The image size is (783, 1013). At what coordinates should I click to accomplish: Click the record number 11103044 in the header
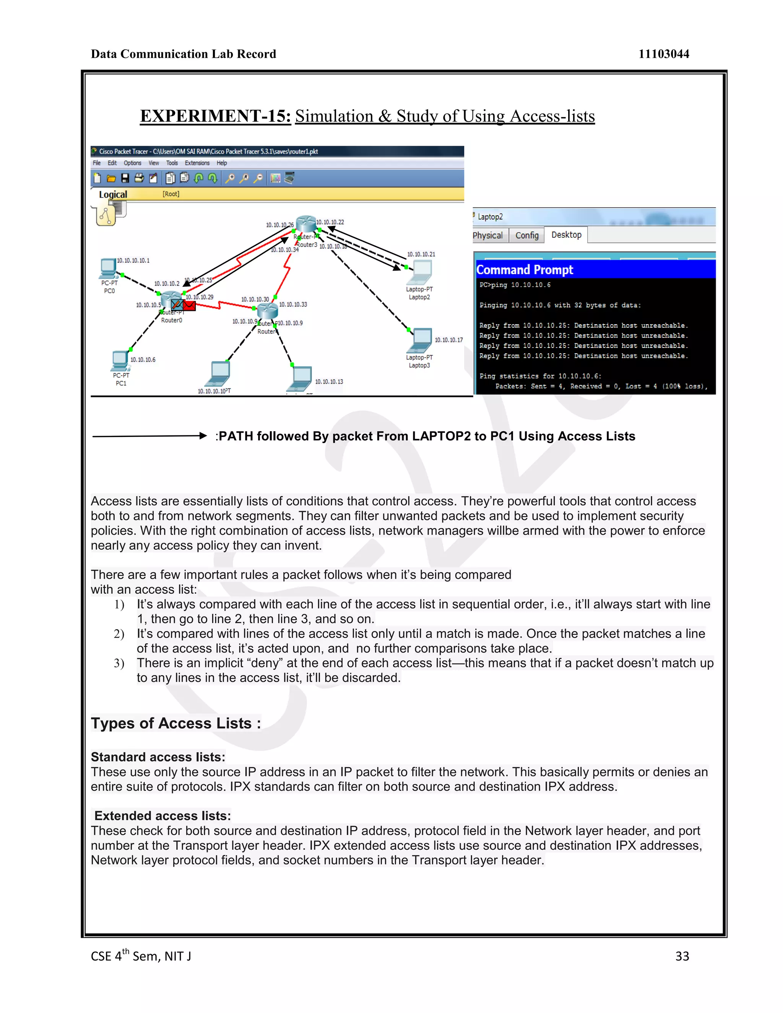(663, 54)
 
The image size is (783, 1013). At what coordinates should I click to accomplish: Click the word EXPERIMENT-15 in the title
(215, 116)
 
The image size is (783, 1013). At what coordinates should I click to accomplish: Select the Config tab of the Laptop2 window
(526, 235)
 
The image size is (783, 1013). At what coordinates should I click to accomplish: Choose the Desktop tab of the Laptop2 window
(566, 235)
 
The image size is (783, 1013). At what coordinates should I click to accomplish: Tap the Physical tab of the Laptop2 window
(487, 235)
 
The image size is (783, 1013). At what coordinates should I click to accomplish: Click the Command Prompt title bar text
(524, 269)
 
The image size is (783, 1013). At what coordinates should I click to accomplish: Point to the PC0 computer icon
(109, 268)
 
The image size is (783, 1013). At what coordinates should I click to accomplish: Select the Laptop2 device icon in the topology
(421, 272)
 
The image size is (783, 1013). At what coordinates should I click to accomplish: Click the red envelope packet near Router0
(189, 305)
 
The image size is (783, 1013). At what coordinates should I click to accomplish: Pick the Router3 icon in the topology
(306, 224)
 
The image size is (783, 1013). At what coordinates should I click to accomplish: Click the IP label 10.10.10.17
(448, 340)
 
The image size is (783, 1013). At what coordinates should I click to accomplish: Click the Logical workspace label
(113, 194)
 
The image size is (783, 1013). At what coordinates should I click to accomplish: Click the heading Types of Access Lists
(175, 723)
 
